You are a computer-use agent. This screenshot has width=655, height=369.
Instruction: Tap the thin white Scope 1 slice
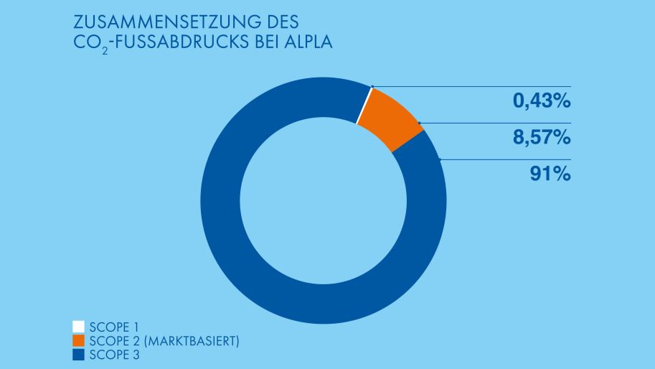364,106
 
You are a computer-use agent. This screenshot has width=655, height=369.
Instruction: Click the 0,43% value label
541,102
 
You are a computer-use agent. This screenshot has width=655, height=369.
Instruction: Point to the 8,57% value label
541,138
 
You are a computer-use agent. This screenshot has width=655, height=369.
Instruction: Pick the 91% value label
550,174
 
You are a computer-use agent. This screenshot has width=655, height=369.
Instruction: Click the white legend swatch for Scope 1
79,327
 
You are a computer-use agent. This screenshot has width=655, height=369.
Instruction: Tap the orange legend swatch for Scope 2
79,340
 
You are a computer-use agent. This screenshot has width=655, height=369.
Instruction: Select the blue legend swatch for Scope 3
79,355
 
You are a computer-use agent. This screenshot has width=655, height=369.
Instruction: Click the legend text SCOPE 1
109,327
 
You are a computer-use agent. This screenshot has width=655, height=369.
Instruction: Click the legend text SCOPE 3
110,355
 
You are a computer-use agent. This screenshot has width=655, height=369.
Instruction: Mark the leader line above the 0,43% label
502,87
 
